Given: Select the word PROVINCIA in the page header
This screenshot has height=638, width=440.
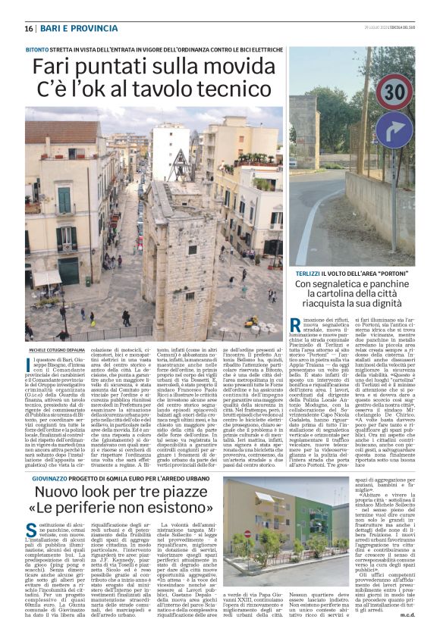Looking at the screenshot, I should pos(96,29).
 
